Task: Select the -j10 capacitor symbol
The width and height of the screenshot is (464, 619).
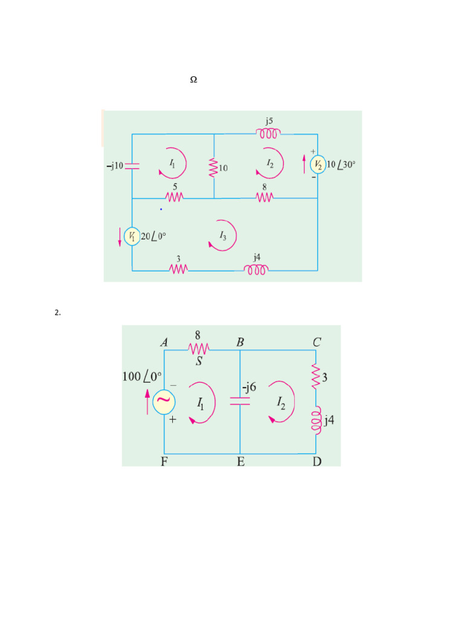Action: (132, 165)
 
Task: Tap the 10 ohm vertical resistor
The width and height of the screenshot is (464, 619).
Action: (214, 167)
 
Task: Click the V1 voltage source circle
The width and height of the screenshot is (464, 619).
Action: (132, 236)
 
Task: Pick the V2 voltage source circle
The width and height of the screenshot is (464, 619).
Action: (318, 164)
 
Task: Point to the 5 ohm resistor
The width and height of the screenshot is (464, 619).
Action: (175, 197)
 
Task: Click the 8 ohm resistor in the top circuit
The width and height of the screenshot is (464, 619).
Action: (264, 197)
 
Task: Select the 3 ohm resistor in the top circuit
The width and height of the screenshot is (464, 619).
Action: (179, 269)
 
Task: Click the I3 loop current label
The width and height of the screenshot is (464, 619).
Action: (223, 235)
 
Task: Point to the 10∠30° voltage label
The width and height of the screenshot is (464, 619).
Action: (341, 164)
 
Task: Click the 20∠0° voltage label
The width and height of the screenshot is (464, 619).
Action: (153, 236)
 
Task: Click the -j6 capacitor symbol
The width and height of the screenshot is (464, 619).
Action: (240, 401)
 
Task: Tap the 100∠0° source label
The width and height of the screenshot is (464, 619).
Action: (143, 376)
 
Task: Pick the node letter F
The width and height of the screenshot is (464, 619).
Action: (164, 462)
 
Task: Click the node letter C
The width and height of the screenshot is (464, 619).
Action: (317, 342)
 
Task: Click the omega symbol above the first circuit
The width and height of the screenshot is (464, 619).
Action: (194, 80)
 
